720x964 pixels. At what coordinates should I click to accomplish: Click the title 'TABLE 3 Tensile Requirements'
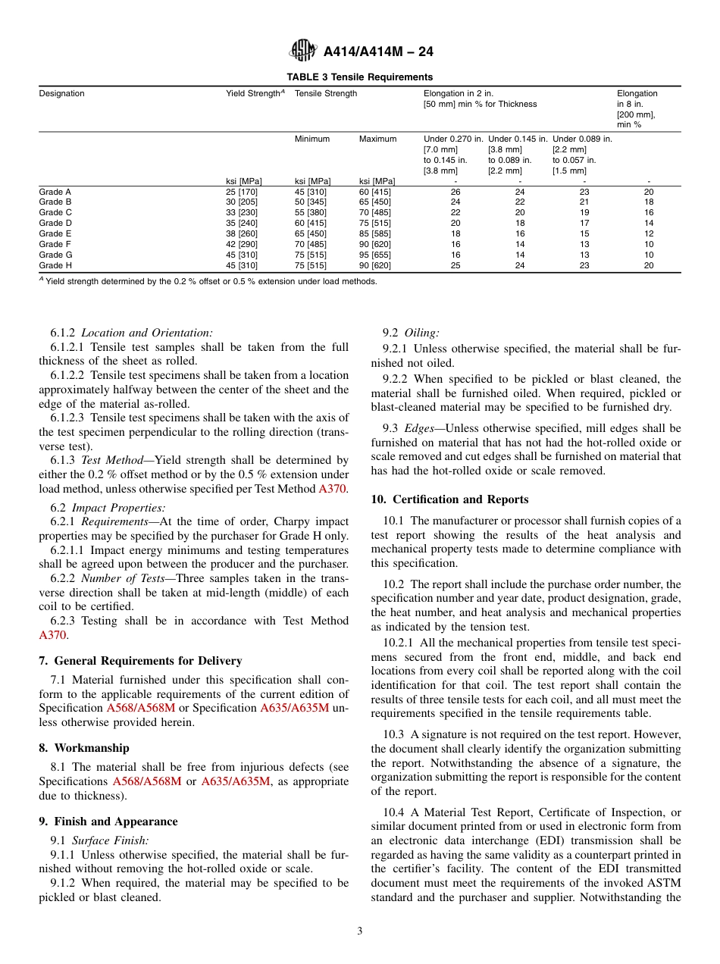(x=359, y=77)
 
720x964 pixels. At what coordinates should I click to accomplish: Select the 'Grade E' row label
(x=55, y=234)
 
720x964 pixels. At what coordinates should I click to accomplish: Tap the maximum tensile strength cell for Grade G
(x=375, y=255)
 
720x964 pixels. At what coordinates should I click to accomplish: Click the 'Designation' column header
(x=62, y=94)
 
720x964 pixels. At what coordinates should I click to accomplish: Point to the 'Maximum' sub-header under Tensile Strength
(x=377, y=139)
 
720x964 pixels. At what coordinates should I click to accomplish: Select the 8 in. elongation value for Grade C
(x=648, y=213)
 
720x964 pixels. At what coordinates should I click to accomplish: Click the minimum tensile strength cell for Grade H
(x=312, y=266)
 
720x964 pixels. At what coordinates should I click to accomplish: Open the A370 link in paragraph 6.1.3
(x=333, y=489)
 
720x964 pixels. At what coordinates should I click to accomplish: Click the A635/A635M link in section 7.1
(x=294, y=708)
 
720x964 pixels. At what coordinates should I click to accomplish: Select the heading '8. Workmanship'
(x=84, y=748)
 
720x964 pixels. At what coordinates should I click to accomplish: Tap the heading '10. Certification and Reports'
(x=449, y=499)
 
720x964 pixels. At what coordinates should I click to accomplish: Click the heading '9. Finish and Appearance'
(x=108, y=822)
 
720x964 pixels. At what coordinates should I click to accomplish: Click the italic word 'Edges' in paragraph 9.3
(x=419, y=429)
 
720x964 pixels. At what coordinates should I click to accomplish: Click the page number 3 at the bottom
(x=360, y=931)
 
